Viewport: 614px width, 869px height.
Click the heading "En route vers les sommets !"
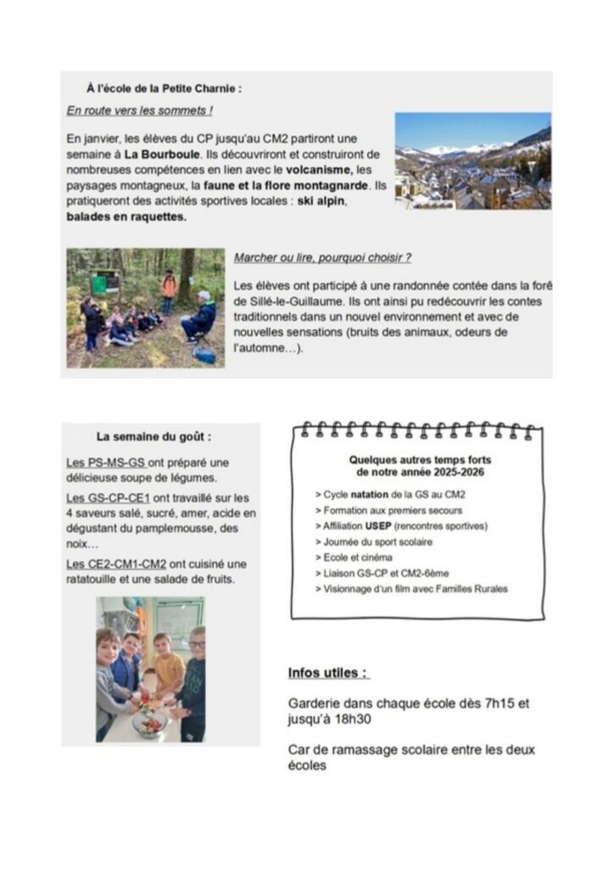[x=139, y=110]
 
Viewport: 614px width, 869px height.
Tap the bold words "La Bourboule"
[x=163, y=155]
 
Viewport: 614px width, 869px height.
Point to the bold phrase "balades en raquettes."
[x=126, y=216]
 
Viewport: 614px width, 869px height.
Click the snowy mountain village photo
[x=472, y=161]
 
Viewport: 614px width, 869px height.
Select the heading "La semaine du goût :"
[x=153, y=437]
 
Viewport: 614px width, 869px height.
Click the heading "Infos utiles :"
[x=328, y=673]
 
